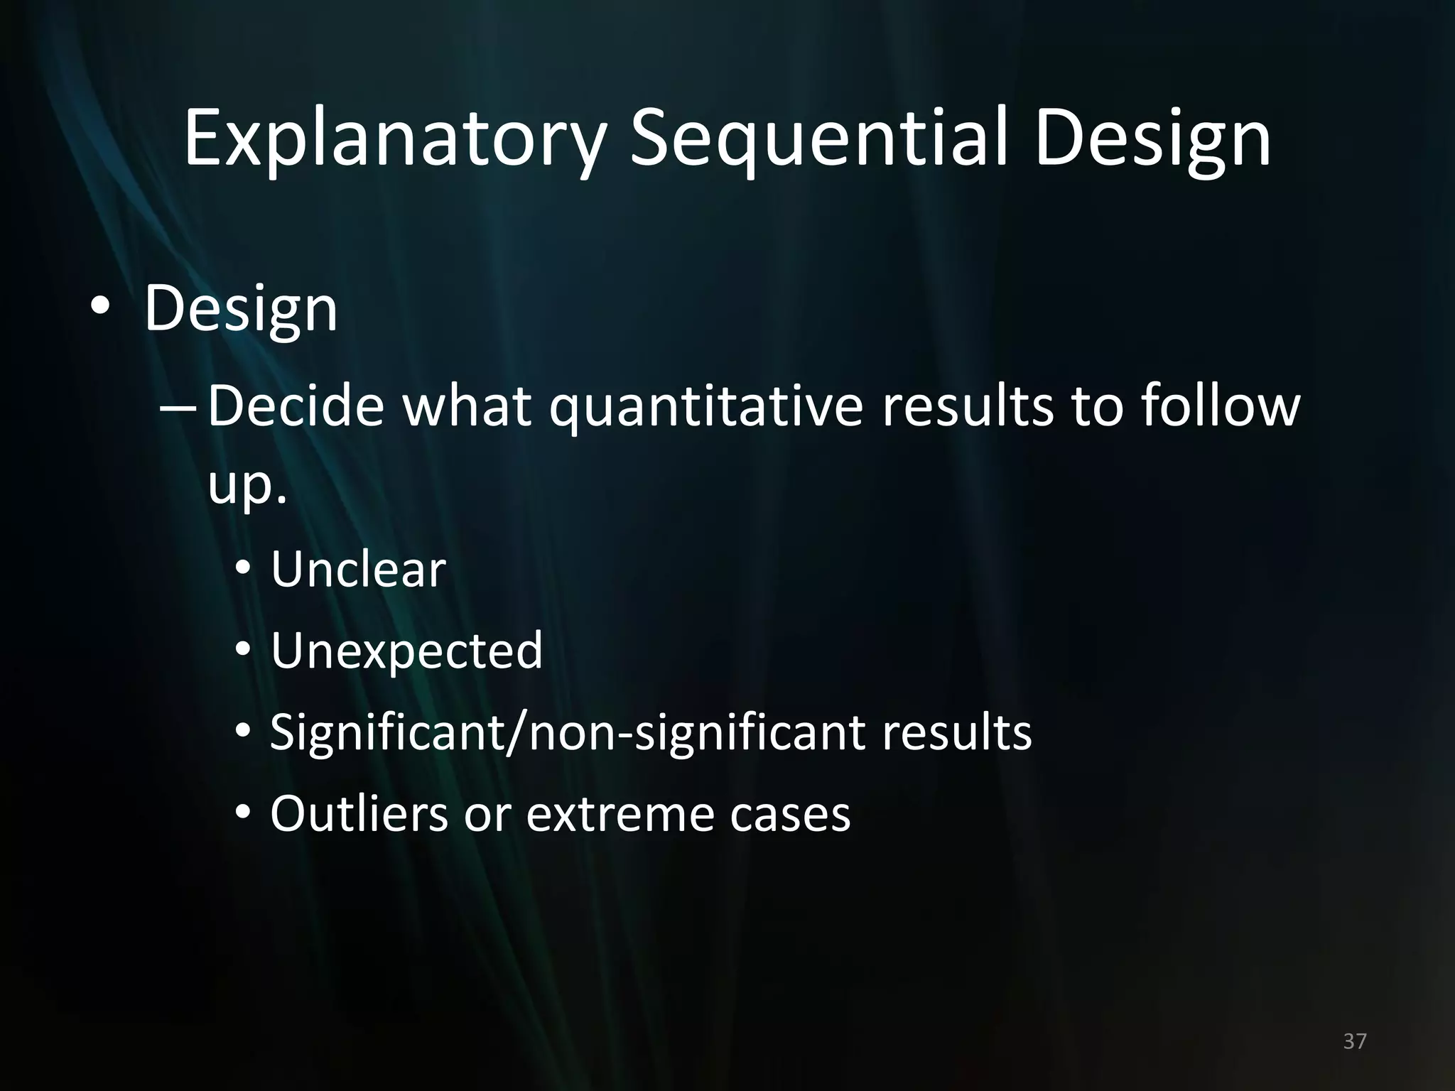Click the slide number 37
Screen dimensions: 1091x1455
1355,1041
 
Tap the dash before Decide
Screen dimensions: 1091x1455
180,409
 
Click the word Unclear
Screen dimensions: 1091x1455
358,570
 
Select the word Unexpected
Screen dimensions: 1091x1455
406,651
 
